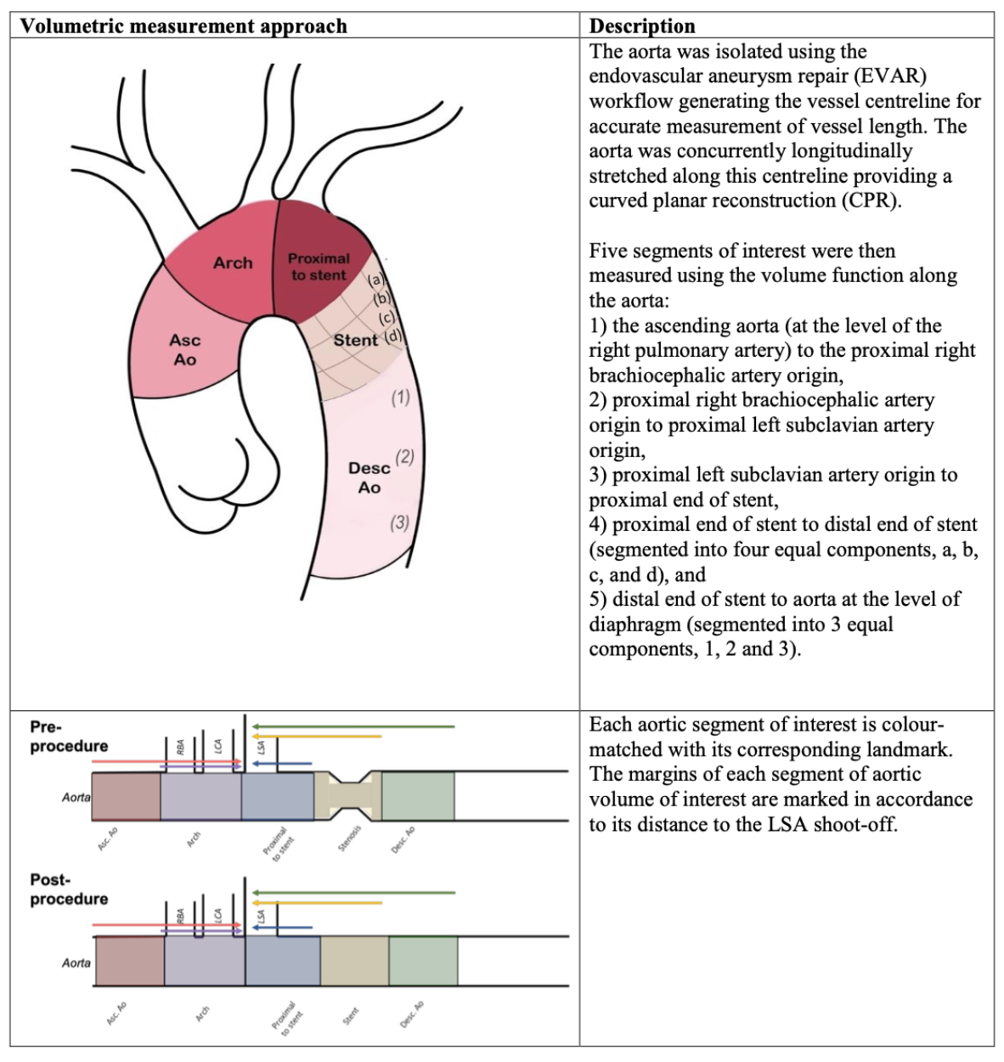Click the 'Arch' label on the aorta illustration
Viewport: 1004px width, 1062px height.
(x=233, y=263)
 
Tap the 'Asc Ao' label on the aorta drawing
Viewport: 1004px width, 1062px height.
(x=184, y=349)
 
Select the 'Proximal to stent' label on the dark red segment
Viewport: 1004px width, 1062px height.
(x=318, y=266)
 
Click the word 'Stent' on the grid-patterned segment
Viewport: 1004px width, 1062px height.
(x=355, y=340)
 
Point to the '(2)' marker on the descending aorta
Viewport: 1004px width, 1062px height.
(x=404, y=456)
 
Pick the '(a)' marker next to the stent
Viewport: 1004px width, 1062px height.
(x=376, y=280)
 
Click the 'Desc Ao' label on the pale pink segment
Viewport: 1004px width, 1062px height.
(x=369, y=477)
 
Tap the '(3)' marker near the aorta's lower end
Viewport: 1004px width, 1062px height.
(x=399, y=523)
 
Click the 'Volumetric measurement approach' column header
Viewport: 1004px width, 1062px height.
(x=183, y=26)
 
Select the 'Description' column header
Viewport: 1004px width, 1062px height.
(x=642, y=26)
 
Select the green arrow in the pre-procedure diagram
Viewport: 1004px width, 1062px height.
(x=353, y=726)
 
